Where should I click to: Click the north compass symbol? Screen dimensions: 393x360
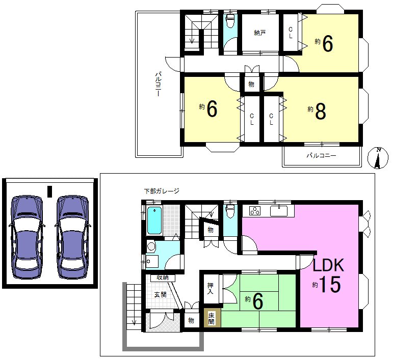click(378, 158)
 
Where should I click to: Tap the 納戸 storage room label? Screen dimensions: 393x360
click(259, 33)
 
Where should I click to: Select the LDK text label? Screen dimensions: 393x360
click(328, 265)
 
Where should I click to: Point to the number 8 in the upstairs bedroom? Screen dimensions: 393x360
click(321, 111)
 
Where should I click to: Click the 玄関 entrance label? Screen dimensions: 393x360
click(160, 294)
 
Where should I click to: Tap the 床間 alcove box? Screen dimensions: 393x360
click(212, 318)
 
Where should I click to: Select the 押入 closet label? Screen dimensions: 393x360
click(211, 288)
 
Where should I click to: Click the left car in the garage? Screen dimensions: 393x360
click(27, 237)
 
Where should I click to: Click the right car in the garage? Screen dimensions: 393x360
click(73, 237)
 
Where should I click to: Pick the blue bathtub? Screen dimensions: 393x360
click(154, 220)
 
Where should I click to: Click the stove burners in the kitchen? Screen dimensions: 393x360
click(255, 211)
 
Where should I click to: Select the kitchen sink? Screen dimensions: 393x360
click(279, 210)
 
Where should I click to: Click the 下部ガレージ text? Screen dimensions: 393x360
click(162, 191)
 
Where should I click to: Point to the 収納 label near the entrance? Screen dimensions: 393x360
click(163, 278)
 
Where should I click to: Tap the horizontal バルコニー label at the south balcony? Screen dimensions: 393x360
click(321, 156)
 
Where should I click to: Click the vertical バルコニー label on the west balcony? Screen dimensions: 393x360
click(158, 84)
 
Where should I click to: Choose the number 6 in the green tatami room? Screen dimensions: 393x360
click(257, 301)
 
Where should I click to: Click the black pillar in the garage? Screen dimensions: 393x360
click(50, 191)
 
